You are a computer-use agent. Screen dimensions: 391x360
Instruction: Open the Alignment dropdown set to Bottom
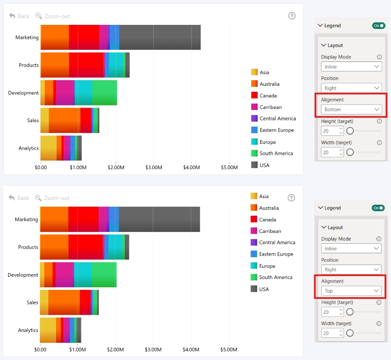click(351, 109)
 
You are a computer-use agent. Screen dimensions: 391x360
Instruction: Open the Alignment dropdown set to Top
click(351, 291)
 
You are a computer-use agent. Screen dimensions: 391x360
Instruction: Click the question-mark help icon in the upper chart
click(292, 16)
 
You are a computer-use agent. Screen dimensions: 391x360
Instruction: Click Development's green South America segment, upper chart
click(104, 93)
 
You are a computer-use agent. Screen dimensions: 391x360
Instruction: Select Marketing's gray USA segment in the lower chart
click(160, 219)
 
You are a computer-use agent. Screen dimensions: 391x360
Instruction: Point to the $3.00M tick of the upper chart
click(154, 167)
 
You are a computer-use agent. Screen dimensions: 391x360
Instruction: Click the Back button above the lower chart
click(19, 198)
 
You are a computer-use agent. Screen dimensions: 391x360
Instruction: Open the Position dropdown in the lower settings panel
click(351, 270)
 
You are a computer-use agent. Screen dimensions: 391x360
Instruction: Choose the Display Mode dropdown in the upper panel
click(351, 66)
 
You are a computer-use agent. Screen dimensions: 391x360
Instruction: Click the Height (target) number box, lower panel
click(332, 312)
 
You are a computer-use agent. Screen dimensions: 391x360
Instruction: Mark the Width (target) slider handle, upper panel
click(350, 152)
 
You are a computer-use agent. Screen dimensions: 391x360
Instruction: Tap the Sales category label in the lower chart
click(33, 303)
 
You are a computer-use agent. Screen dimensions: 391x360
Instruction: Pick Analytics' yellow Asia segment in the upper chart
click(49, 148)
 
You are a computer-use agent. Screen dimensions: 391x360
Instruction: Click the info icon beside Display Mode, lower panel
click(379, 239)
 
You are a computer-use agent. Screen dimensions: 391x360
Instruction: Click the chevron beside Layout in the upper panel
click(324, 45)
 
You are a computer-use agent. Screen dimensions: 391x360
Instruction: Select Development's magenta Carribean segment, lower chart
click(65, 275)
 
